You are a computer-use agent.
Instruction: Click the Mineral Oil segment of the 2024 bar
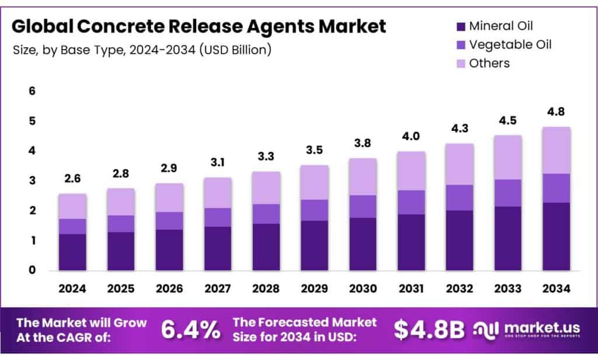click(x=72, y=252)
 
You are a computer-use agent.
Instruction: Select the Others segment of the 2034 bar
click(x=556, y=150)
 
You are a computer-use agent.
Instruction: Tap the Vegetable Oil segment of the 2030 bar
click(x=363, y=206)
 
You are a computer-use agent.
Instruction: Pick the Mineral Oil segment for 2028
click(x=266, y=247)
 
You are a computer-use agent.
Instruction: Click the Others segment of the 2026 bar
click(x=169, y=198)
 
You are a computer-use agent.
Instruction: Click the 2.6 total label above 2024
click(x=72, y=180)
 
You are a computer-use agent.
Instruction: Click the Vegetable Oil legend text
click(x=510, y=44)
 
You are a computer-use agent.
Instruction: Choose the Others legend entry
click(x=489, y=63)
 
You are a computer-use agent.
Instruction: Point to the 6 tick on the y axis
click(x=33, y=91)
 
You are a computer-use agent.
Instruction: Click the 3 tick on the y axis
click(x=33, y=181)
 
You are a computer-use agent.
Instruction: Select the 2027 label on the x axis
click(x=217, y=289)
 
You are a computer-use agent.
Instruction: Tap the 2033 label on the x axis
click(x=507, y=289)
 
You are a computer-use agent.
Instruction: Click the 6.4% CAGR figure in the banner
click(x=191, y=330)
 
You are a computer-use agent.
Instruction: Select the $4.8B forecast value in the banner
click(x=429, y=330)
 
